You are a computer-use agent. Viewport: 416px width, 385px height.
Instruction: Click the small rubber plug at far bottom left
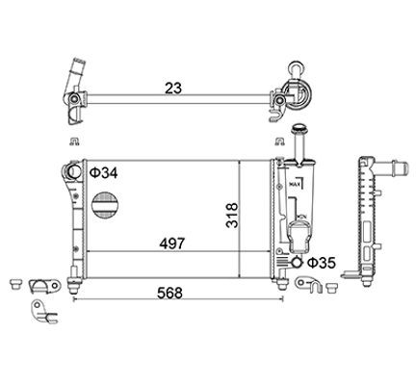14,285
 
